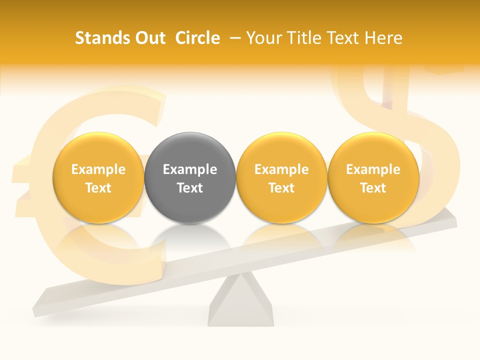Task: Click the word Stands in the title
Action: point(101,38)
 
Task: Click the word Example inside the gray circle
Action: point(190,169)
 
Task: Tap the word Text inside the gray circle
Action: point(190,188)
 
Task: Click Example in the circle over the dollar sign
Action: point(373,169)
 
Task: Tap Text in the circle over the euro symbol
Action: point(98,188)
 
